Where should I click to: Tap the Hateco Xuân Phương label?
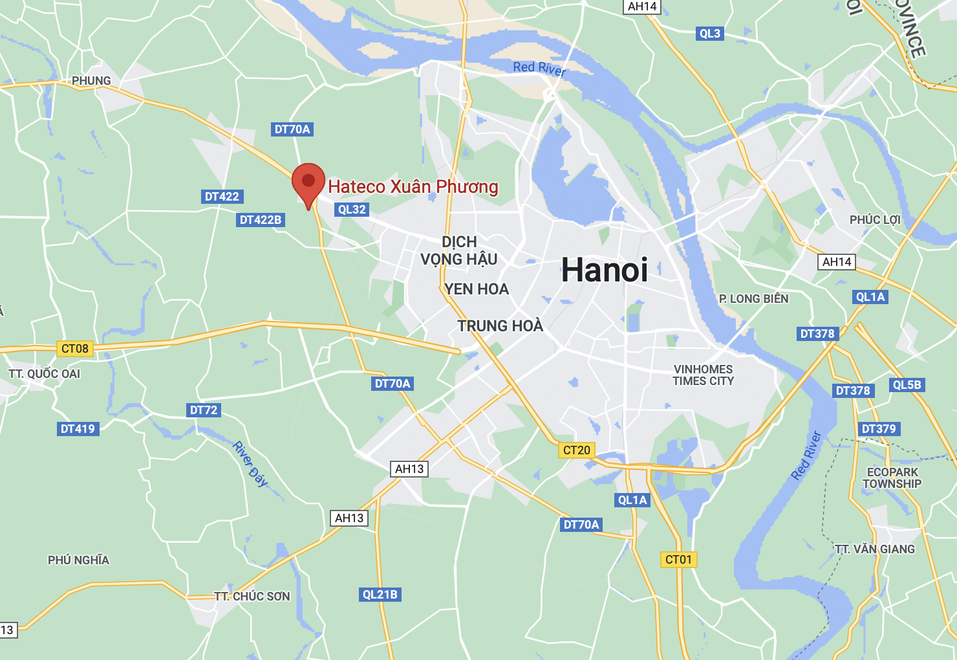[x=413, y=187]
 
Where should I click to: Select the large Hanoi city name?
[x=605, y=270]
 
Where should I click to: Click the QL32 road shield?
[x=352, y=210]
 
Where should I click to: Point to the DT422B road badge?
[x=261, y=220]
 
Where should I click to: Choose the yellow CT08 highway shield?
[x=75, y=349]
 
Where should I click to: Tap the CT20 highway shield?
[x=577, y=450]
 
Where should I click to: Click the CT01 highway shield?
[x=678, y=560]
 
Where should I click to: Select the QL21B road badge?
[x=380, y=595]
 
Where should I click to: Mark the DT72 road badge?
[x=204, y=410]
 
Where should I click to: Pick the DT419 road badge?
[x=78, y=429]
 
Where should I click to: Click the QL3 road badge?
[x=709, y=34]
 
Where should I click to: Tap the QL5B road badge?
[x=907, y=385]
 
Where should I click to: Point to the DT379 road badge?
[x=879, y=429]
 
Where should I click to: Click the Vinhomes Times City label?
[x=703, y=375]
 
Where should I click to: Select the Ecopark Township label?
[x=892, y=478]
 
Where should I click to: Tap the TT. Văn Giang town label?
[x=875, y=549]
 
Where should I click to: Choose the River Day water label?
[x=250, y=463]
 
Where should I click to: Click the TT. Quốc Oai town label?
[x=45, y=374]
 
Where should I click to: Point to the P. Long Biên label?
[x=754, y=299]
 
